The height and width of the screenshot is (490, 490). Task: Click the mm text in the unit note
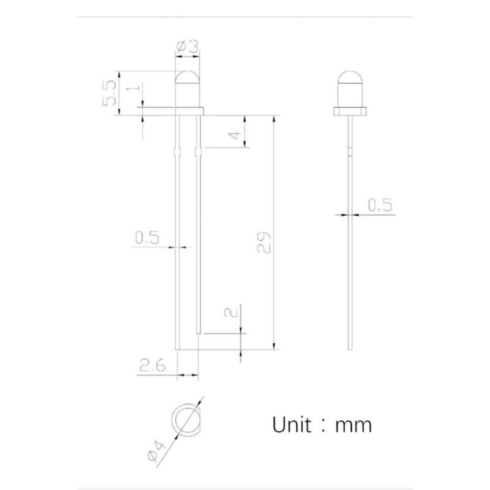[x=353, y=424]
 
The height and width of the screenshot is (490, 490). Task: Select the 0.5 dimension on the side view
[x=379, y=206]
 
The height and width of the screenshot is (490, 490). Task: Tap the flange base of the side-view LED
[x=350, y=112]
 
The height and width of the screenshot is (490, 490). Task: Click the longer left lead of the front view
[x=178, y=245]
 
